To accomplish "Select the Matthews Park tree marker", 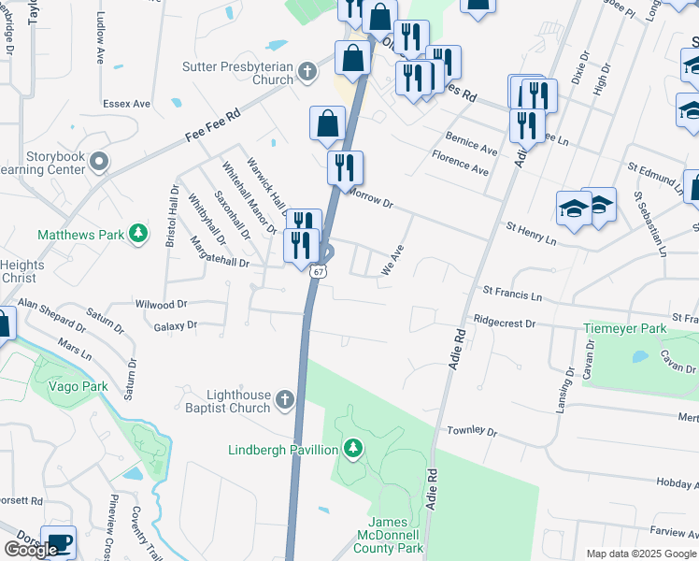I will coord(138,233).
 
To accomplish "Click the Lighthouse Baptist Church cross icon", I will coord(285,401).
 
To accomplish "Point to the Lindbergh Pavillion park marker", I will coord(352,450).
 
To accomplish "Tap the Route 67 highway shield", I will coord(319,271).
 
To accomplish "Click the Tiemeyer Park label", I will coord(625,329).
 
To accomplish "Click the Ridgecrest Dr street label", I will coord(505,323).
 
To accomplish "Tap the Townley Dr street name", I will coord(472,431).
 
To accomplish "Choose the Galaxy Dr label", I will coord(175,326).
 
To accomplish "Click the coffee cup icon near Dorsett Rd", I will coord(58,542).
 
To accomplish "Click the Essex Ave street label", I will coord(127,103).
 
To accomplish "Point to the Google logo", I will coord(30,550).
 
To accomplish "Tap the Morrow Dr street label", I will coord(371,197).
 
